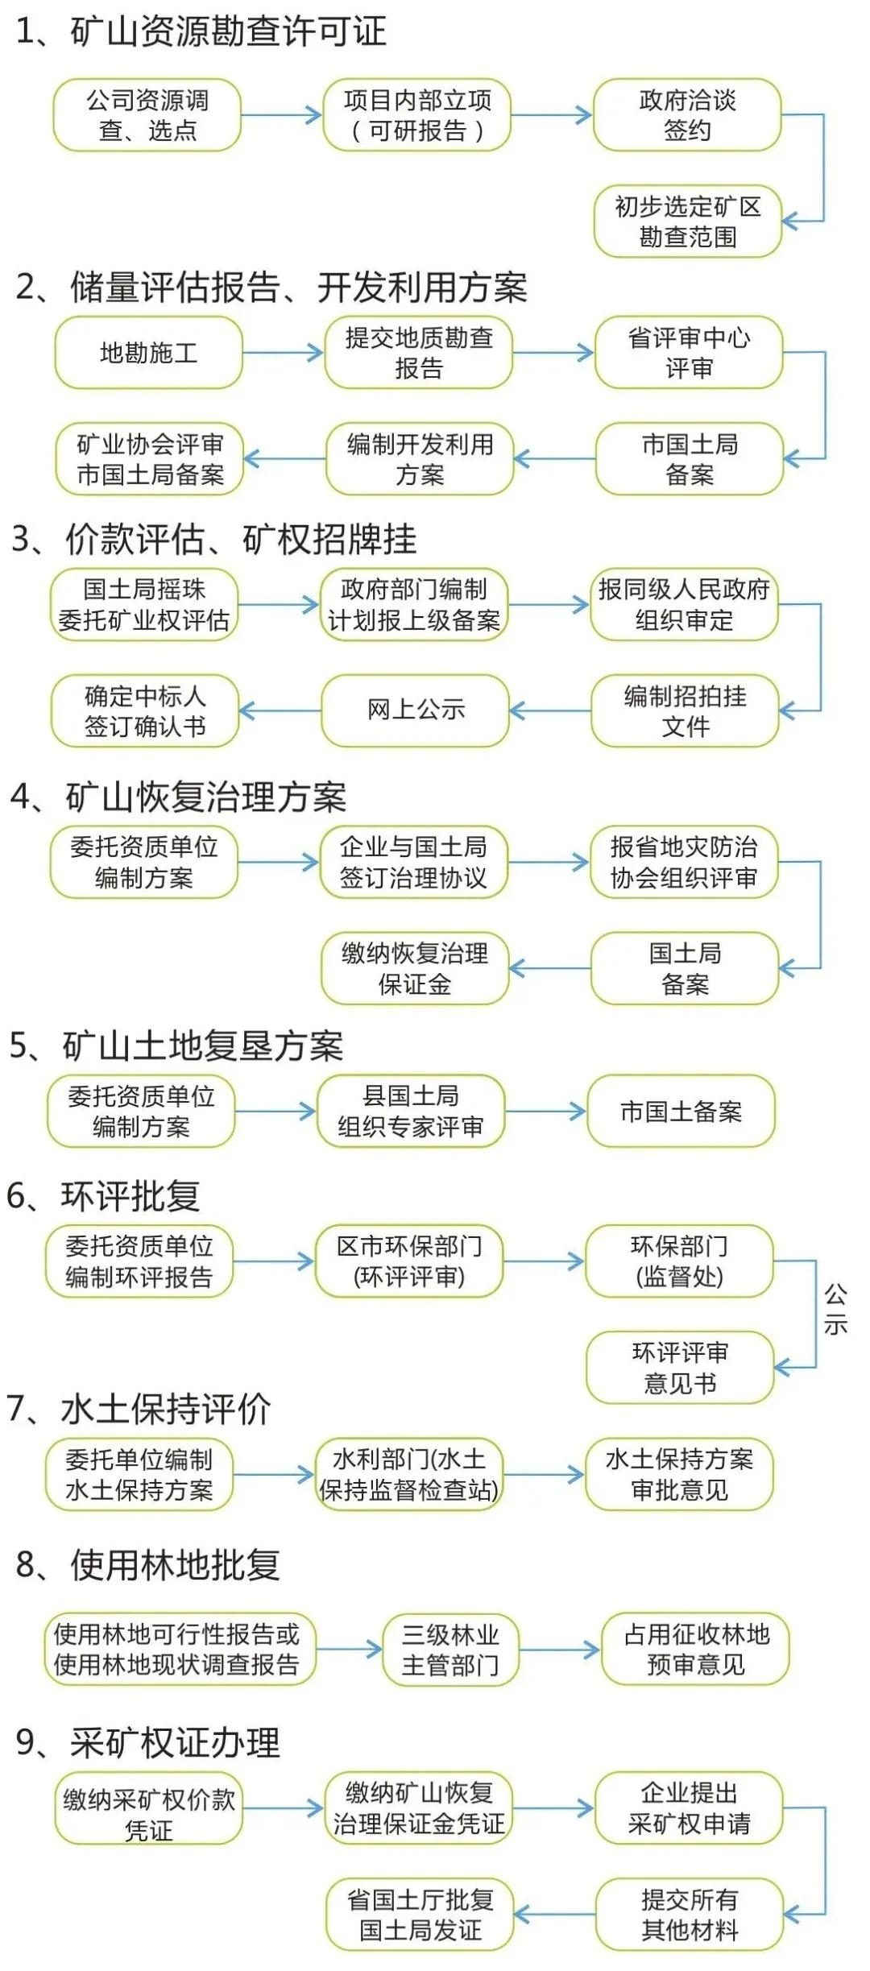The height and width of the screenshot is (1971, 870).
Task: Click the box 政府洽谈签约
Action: tap(687, 115)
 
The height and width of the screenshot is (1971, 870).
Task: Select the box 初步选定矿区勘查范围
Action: tap(687, 222)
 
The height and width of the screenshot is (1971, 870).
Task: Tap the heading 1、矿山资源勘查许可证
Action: tap(201, 32)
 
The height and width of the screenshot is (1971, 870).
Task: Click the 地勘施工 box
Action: tap(148, 353)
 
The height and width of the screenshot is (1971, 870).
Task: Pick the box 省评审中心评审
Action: tap(689, 353)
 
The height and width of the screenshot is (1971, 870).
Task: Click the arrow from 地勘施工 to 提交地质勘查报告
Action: tap(283, 353)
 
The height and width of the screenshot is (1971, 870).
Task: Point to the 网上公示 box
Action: tap(416, 710)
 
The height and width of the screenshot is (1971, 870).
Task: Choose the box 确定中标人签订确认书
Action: tap(145, 710)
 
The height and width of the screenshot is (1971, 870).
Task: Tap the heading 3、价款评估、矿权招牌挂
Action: tap(214, 539)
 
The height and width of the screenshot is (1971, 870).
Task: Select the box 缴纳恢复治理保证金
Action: tap(415, 968)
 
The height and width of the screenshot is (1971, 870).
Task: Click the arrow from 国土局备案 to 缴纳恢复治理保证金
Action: tap(549, 968)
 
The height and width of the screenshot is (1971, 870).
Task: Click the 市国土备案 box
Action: tap(681, 1112)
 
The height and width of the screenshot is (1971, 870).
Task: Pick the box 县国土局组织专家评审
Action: tap(411, 1112)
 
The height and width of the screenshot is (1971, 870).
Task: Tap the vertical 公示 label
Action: tap(835, 1310)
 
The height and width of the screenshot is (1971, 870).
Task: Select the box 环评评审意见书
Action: tap(680, 1368)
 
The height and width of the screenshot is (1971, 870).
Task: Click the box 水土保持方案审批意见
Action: tap(679, 1474)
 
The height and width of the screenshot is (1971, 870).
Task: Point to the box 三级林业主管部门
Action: tap(450, 1649)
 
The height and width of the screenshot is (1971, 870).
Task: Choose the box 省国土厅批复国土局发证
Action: tap(420, 1915)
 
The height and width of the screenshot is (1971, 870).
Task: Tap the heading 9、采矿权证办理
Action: tap(148, 1742)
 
